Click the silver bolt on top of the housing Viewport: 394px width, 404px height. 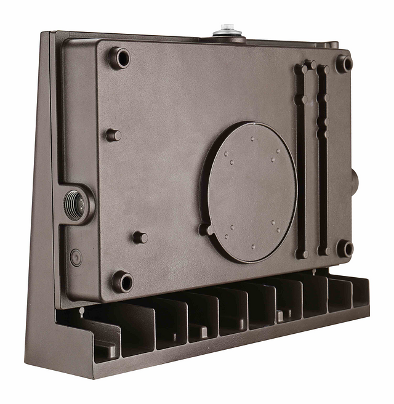(x=227, y=30)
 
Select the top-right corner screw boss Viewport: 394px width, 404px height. (x=344, y=63)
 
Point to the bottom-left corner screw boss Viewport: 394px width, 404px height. (x=123, y=282)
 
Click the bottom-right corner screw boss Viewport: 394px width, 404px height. (x=345, y=248)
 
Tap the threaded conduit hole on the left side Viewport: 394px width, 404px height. (x=76, y=205)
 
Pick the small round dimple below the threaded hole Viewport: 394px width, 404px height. (x=76, y=257)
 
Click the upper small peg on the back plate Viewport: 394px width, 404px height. (x=113, y=135)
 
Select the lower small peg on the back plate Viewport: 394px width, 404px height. (x=140, y=237)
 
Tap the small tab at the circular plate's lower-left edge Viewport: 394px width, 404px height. (x=206, y=230)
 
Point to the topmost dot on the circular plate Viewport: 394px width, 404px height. (x=252, y=140)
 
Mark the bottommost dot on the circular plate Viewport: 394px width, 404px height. (x=252, y=247)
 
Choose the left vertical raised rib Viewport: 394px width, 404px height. (x=301, y=160)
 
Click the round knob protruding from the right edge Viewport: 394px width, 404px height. (x=354, y=180)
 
